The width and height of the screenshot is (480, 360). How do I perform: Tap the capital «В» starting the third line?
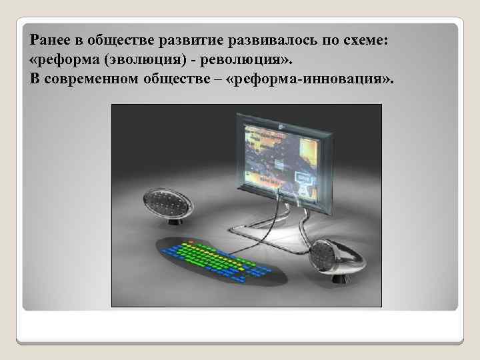[x=35, y=81]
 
